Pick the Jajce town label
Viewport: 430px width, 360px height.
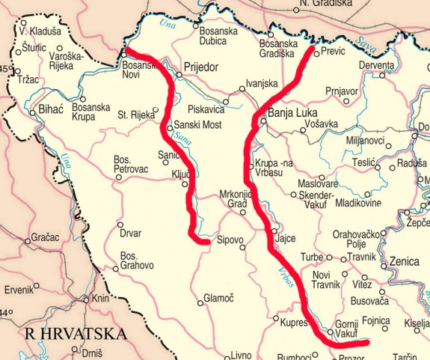coord(286,238)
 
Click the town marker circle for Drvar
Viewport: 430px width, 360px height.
coord(120,224)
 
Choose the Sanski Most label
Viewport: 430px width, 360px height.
coord(200,126)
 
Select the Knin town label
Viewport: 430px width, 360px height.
coord(100,299)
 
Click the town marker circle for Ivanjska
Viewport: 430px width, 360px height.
coord(242,90)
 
